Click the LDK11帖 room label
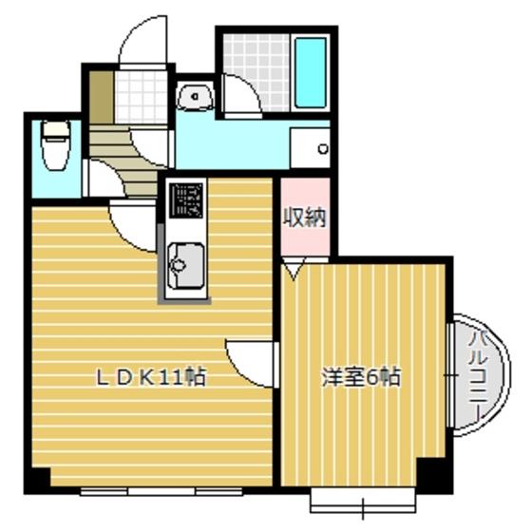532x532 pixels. tap(151, 377)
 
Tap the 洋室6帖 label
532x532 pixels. tap(361, 377)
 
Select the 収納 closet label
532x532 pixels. tap(305, 217)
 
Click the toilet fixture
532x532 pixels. tap(56, 145)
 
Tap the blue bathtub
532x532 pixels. tap(311, 73)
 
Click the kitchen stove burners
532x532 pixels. tap(186, 200)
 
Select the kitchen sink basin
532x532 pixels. tap(186, 265)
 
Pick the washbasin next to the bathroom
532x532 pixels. tap(195, 96)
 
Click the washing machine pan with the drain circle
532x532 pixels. tap(310, 148)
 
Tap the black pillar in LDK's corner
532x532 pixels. tap(40, 478)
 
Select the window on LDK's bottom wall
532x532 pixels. tap(161, 491)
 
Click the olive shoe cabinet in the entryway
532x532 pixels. tap(102, 97)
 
